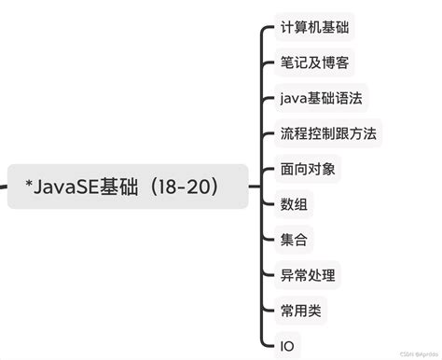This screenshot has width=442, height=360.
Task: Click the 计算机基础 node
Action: [x=316, y=27]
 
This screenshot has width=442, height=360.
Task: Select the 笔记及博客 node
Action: [x=316, y=62]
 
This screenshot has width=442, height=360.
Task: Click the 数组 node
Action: [x=293, y=204]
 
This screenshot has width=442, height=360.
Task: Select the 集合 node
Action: [x=293, y=240]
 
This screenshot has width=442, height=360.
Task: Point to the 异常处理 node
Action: [x=308, y=275]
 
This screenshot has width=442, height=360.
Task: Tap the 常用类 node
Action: [x=300, y=310]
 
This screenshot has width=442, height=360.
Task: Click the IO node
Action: [x=287, y=345]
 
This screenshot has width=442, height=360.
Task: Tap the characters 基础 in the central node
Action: [x=134, y=187]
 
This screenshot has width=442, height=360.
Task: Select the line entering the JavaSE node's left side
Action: [x=4, y=187]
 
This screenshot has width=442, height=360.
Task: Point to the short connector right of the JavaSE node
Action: [x=256, y=187]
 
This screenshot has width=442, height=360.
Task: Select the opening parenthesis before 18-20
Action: [x=159, y=187]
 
